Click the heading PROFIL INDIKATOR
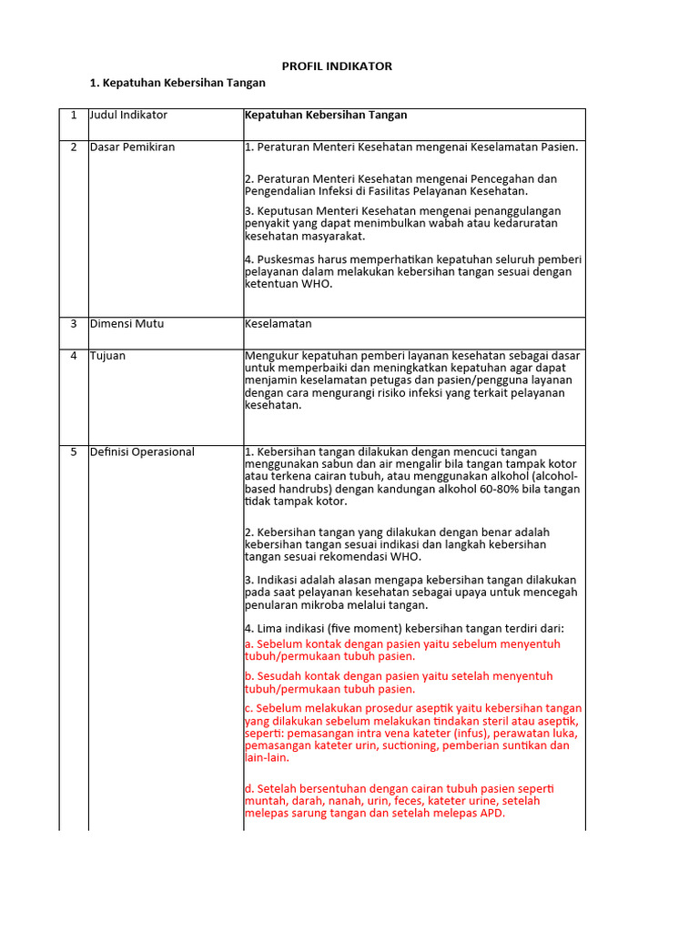pyautogui.click(x=337, y=66)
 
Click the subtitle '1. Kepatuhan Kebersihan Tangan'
pyautogui.click(x=177, y=83)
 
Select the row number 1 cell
pyautogui.click(x=74, y=116)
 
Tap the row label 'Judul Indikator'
pyautogui.click(x=128, y=116)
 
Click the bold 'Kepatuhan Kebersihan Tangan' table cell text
pyautogui.click(x=326, y=116)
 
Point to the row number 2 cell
pyautogui.click(x=74, y=147)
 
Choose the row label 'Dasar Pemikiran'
pyautogui.click(x=132, y=147)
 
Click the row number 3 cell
pyautogui.click(x=74, y=324)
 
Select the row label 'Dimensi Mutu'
pyautogui.click(x=127, y=324)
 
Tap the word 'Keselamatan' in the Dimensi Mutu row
pyautogui.click(x=279, y=324)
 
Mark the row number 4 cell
pyautogui.click(x=74, y=356)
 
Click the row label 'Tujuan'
pyautogui.click(x=107, y=356)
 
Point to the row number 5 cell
pyautogui.click(x=74, y=452)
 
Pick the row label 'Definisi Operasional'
pyautogui.click(x=142, y=452)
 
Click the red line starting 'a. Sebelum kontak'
pyautogui.click(x=402, y=643)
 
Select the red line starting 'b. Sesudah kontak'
pyautogui.click(x=399, y=676)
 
